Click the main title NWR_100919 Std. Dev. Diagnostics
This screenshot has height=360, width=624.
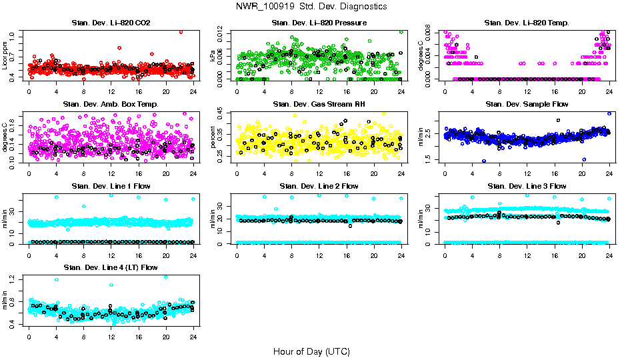click(311, 6)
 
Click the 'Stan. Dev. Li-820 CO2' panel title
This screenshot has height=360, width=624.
click(111, 23)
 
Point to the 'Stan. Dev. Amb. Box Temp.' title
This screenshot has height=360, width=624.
click(111, 104)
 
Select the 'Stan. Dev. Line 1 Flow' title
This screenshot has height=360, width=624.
click(111, 186)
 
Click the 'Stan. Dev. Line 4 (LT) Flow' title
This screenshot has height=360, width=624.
click(111, 267)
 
